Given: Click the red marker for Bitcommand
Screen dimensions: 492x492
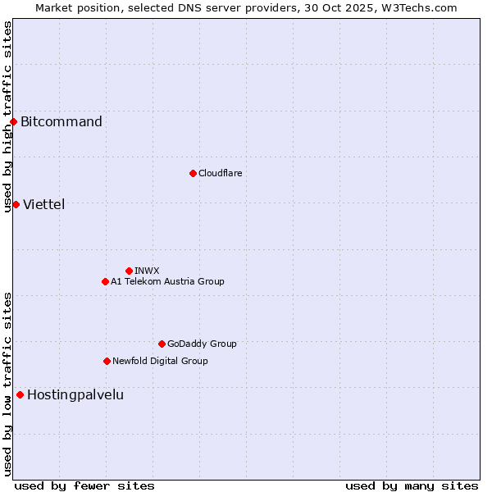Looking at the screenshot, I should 13,122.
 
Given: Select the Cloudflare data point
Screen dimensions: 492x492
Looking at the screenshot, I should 193,173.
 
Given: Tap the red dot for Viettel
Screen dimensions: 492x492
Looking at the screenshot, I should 16,204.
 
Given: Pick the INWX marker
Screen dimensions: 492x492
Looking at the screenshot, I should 129,271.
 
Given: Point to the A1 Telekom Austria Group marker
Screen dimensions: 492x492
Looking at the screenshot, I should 105,281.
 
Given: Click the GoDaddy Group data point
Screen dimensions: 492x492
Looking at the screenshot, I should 162,344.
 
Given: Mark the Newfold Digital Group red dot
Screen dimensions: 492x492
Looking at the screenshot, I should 107,361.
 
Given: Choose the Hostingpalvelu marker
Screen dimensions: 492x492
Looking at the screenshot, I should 20,394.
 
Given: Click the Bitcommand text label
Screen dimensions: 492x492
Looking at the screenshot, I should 61,122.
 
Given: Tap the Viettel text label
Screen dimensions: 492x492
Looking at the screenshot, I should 44,204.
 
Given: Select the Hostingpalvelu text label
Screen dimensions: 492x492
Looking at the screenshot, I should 75,394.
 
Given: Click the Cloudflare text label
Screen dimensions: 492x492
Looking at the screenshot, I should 221,173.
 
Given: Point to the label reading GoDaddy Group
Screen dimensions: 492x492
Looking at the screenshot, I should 202,344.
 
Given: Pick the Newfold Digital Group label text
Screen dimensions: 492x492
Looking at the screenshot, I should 160,361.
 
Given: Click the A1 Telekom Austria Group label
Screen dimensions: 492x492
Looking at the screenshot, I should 167,281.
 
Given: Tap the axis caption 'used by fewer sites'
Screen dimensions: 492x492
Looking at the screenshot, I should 84,485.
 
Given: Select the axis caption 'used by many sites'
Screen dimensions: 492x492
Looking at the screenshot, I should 412,485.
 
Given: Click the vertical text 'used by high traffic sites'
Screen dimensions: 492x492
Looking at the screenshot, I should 7,116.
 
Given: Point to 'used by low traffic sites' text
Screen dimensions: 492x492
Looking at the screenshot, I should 7,384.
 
